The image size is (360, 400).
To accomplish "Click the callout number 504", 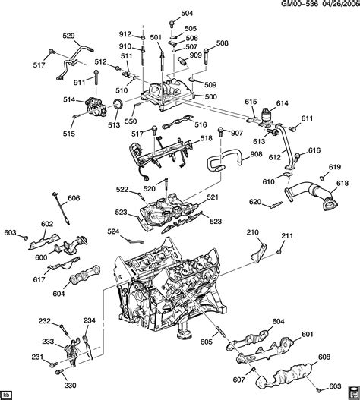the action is click(x=187, y=13).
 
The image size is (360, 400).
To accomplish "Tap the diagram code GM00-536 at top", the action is click(x=300, y=3).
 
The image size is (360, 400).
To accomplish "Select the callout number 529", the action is click(x=68, y=36).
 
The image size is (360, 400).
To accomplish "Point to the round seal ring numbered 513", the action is click(x=118, y=104).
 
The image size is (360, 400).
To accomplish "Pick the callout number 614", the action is click(x=282, y=103).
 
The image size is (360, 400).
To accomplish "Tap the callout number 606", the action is click(x=74, y=197).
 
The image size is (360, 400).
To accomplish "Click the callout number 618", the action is click(x=343, y=183).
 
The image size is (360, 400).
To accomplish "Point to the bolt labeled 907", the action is click(x=220, y=133).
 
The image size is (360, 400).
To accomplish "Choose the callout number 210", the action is click(x=253, y=232).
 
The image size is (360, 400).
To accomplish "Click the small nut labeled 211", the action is click(x=278, y=252).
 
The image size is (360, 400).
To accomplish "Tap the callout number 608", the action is click(x=324, y=357).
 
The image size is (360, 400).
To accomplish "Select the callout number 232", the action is click(x=45, y=320).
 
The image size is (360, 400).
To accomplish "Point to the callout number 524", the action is click(x=113, y=231).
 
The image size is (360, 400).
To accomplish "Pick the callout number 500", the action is click(x=211, y=96).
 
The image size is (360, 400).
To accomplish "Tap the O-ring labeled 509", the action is click(x=193, y=80).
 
